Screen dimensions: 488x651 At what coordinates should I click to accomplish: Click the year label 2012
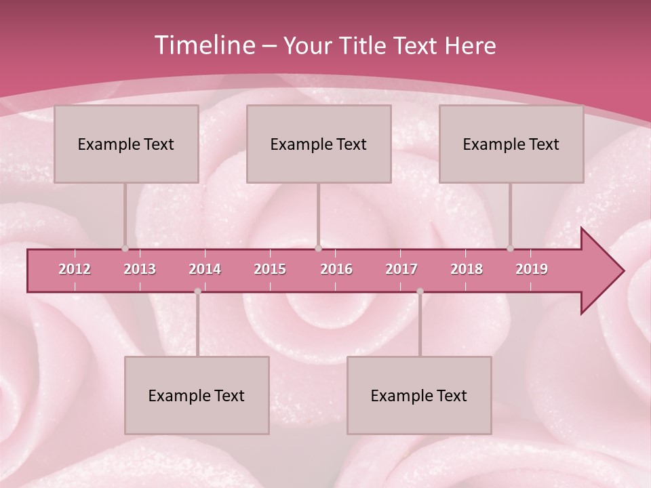pyautogui.click(x=75, y=269)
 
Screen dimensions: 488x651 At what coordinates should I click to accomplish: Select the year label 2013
pyautogui.click(x=140, y=269)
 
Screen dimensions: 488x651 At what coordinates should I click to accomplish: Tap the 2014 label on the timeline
pyautogui.click(x=205, y=269)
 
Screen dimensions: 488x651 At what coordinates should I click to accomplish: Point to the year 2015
pyautogui.click(x=270, y=269)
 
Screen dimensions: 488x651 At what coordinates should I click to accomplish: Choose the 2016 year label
pyautogui.click(x=336, y=269)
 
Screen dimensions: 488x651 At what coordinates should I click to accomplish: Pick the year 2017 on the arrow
pyautogui.click(x=401, y=269)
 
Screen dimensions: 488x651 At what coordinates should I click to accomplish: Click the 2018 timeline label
pyautogui.click(x=467, y=269)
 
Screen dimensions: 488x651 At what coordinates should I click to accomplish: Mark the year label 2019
pyautogui.click(x=532, y=269)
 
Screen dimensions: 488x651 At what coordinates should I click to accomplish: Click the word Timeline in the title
pyautogui.click(x=203, y=45)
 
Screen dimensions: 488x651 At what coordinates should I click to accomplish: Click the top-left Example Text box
pyautogui.click(x=126, y=144)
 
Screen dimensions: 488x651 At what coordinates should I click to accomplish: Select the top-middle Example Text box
pyautogui.click(x=319, y=144)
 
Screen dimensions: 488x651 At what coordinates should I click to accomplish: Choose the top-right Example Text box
pyautogui.click(x=511, y=144)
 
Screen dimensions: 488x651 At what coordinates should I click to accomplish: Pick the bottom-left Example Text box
pyautogui.click(x=197, y=395)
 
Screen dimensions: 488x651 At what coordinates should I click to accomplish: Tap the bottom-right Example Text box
pyautogui.click(x=419, y=395)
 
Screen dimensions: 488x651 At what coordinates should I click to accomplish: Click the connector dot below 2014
pyautogui.click(x=197, y=291)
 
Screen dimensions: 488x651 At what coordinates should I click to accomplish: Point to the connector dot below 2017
pyautogui.click(x=420, y=291)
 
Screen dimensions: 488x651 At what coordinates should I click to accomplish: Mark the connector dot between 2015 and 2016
pyautogui.click(x=318, y=249)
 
